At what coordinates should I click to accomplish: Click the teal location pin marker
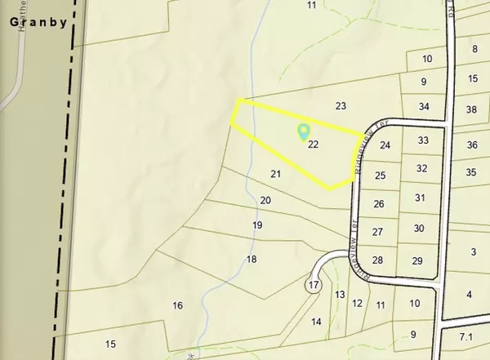coord(304,131)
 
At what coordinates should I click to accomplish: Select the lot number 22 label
coord(314,144)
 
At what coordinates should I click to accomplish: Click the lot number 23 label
coord(341,106)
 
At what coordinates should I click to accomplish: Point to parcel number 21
coord(276,174)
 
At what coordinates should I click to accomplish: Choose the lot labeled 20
coord(265,200)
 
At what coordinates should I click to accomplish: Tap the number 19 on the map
coord(257,225)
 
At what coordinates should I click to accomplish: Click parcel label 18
coord(252,260)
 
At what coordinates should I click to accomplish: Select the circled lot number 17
coord(313,285)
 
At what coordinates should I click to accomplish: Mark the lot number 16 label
coord(177,305)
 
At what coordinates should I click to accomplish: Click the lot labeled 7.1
coord(466,336)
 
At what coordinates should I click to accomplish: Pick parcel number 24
coord(385,145)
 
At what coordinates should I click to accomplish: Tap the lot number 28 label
coord(377,260)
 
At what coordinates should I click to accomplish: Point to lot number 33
coord(423,140)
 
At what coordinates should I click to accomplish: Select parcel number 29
coord(416,260)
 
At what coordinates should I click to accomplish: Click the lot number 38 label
coord(471,109)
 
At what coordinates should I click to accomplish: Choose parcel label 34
coord(423,107)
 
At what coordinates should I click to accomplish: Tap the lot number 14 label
coord(317,322)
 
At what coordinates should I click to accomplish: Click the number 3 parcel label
coord(473,252)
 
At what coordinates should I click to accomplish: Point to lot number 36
coord(471,145)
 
